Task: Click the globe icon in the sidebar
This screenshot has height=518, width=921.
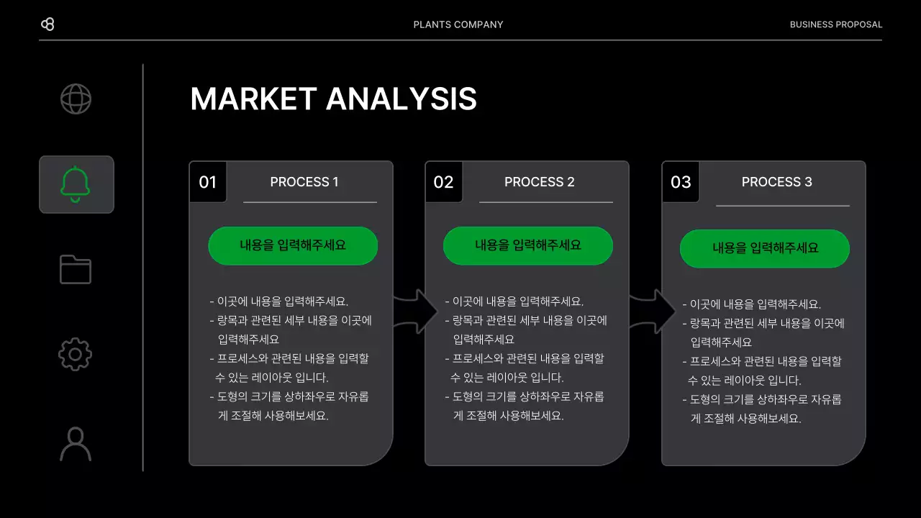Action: click(x=76, y=99)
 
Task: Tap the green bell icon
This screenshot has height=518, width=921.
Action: click(x=76, y=184)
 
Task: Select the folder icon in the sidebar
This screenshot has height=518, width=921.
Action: click(x=76, y=270)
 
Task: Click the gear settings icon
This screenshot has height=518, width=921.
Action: click(x=76, y=355)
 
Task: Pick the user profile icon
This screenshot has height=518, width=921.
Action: click(x=76, y=444)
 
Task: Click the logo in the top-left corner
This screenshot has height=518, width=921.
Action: click(x=47, y=24)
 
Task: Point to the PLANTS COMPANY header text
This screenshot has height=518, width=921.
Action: click(x=458, y=24)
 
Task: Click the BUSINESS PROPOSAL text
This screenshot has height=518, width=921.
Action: click(x=835, y=24)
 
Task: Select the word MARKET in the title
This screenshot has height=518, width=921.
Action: click(x=253, y=99)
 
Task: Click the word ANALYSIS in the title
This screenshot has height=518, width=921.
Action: click(x=401, y=99)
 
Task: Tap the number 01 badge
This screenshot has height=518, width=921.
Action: click(x=208, y=182)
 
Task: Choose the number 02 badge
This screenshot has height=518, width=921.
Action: click(x=444, y=182)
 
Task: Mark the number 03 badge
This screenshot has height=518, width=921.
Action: click(x=681, y=182)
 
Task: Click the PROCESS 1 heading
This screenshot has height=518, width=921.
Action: click(x=304, y=182)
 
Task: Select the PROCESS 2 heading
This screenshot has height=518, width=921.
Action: click(x=540, y=182)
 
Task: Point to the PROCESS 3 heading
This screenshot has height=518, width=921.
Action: click(x=777, y=182)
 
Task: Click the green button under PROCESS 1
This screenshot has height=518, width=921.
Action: click(x=293, y=245)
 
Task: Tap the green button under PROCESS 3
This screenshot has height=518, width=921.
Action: click(x=765, y=248)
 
